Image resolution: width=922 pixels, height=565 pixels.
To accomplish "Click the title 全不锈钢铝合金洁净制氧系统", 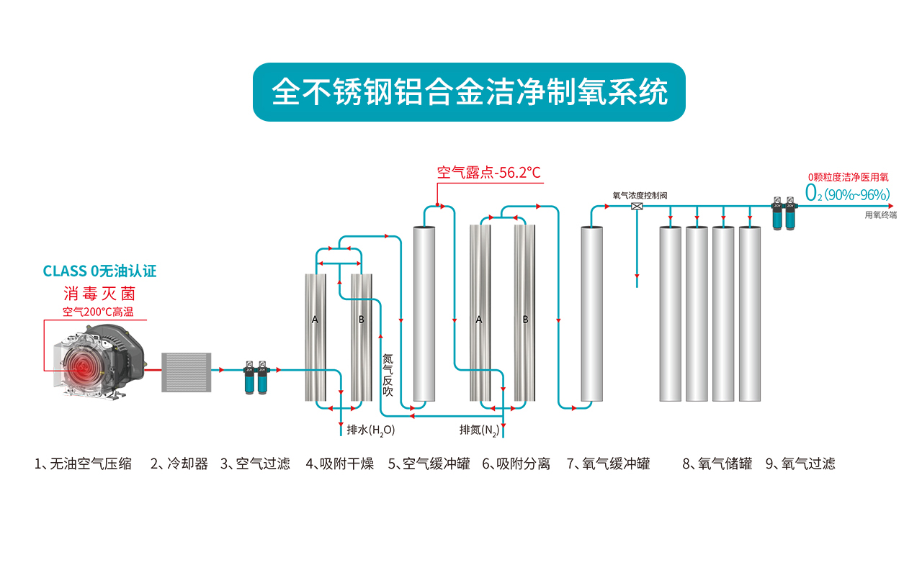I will pos(468,93).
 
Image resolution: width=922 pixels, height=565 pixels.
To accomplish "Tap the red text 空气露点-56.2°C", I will pos(488,173).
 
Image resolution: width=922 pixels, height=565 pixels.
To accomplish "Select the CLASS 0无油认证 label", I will pos(99,271).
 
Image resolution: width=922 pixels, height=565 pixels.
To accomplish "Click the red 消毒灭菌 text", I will pos(99,294).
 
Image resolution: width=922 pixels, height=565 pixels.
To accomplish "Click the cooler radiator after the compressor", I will pos(187,372).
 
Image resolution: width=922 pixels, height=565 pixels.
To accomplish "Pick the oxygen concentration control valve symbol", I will pos(637,206).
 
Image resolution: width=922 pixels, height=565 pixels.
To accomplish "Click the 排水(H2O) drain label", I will pos(370,430).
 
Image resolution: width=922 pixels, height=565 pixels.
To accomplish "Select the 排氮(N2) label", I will pos(479,430).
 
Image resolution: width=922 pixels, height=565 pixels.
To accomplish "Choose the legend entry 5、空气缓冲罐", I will pos(429,464).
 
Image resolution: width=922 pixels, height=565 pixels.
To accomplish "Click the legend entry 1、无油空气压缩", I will pos(83,464).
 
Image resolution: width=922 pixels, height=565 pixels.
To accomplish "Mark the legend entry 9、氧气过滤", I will pos(800,464).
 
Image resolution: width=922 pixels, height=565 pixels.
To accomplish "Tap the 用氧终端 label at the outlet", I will pos(880,214).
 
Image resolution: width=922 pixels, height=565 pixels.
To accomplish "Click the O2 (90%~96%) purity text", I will pos(848,194).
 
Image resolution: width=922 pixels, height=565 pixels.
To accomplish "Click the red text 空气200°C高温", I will pos(98,312).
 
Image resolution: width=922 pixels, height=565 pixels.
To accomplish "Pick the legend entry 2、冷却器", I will pos(179,464).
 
